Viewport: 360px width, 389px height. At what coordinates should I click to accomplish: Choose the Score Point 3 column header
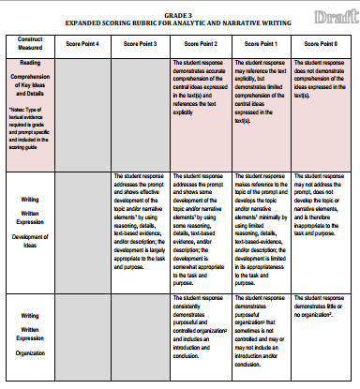tap(141, 43)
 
